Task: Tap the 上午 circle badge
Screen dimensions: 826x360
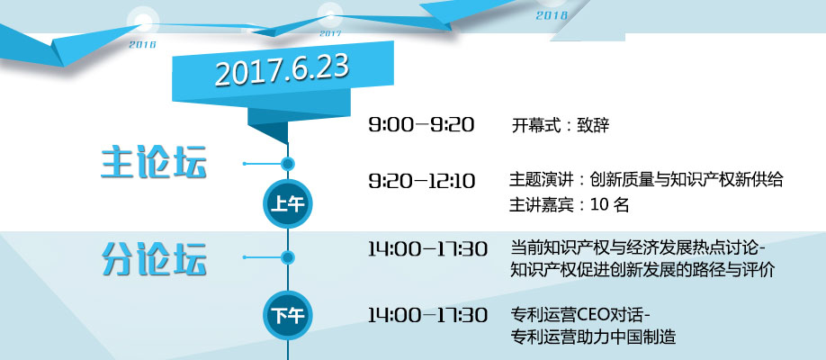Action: pyautogui.click(x=288, y=203)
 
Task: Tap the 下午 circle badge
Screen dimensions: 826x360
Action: pyautogui.click(x=288, y=315)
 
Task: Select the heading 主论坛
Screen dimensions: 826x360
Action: pyautogui.click(x=153, y=163)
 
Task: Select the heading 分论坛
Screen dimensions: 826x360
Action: pyautogui.click(x=153, y=258)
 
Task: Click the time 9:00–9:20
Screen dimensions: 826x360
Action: pyautogui.click(x=421, y=125)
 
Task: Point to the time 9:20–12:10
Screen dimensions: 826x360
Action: pyautogui.click(x=421, y=181)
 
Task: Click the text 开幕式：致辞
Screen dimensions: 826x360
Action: pyautogui.click(x=561, y=126)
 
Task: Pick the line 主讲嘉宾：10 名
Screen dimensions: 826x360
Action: pyautogui.click(x=569, y=204)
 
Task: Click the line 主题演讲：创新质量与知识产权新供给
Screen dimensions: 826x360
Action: pyautogui.click(x=646, y=180)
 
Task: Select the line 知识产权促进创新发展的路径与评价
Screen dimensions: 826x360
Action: pyautogui.click(x=642, y=270)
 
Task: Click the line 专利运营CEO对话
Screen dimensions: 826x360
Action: pyautogui.click(x=580, y=315)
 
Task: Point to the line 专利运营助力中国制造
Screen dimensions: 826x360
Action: pyautogui.click(x=593, y=337)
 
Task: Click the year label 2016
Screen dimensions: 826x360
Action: pyautogui.click(x=143, y=45)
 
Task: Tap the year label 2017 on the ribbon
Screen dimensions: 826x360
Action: pyautogui.click(x=330, y=33)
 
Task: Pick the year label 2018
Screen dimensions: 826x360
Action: pyautogui.click(x=552, y=16)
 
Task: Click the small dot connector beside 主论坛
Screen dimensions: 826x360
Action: pyautogui.click(x=288, y=164)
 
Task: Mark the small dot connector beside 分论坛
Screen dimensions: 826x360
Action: pyautogui.click(x=288, y=257)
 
